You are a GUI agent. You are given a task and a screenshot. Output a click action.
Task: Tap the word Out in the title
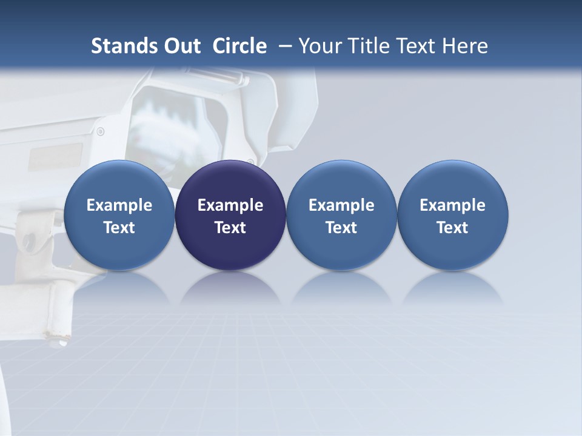[x=181, y=46]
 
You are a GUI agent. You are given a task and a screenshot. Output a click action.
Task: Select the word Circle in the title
[x=239, y=46]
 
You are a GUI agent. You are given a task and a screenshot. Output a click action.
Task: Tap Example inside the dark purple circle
[x=230, y=205]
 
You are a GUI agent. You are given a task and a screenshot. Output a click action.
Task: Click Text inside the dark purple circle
[x=230, y=228]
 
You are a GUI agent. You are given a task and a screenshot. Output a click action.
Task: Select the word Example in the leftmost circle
[x=119, y=205]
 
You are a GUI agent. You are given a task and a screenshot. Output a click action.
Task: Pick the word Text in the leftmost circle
[x=119, y=228]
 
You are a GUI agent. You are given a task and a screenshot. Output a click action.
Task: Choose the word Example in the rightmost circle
[x=452, y=205]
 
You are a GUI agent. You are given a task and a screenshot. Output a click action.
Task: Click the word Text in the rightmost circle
[x=452, y=228]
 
